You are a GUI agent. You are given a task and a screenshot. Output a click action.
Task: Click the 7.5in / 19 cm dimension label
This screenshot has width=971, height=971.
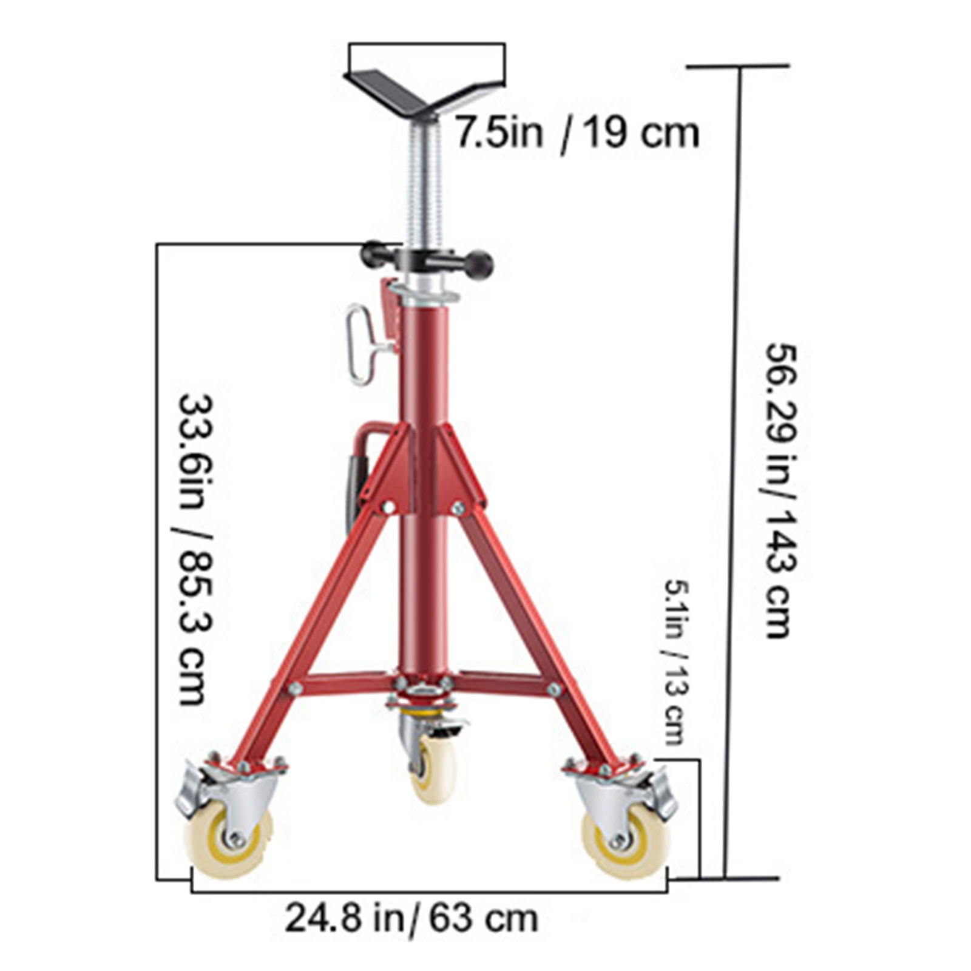pyautogui.click(x=577, y=133)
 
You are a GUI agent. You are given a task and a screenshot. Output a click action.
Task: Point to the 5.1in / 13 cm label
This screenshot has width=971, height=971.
pyautogui.click(x=675, y=661)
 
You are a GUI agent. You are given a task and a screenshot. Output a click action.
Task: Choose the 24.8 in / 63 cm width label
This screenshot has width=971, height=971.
pyautogui.click(x=411, y=919)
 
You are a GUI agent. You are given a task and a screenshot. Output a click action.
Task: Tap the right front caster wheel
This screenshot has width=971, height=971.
pyautogui.click(x=625, y=841)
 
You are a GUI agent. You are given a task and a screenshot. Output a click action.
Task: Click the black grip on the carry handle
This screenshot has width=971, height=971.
pyautogui.click(x=354, y=486)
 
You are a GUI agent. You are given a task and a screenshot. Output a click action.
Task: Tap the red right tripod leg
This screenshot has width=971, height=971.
pyautogui.click(x=534, y=625)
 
